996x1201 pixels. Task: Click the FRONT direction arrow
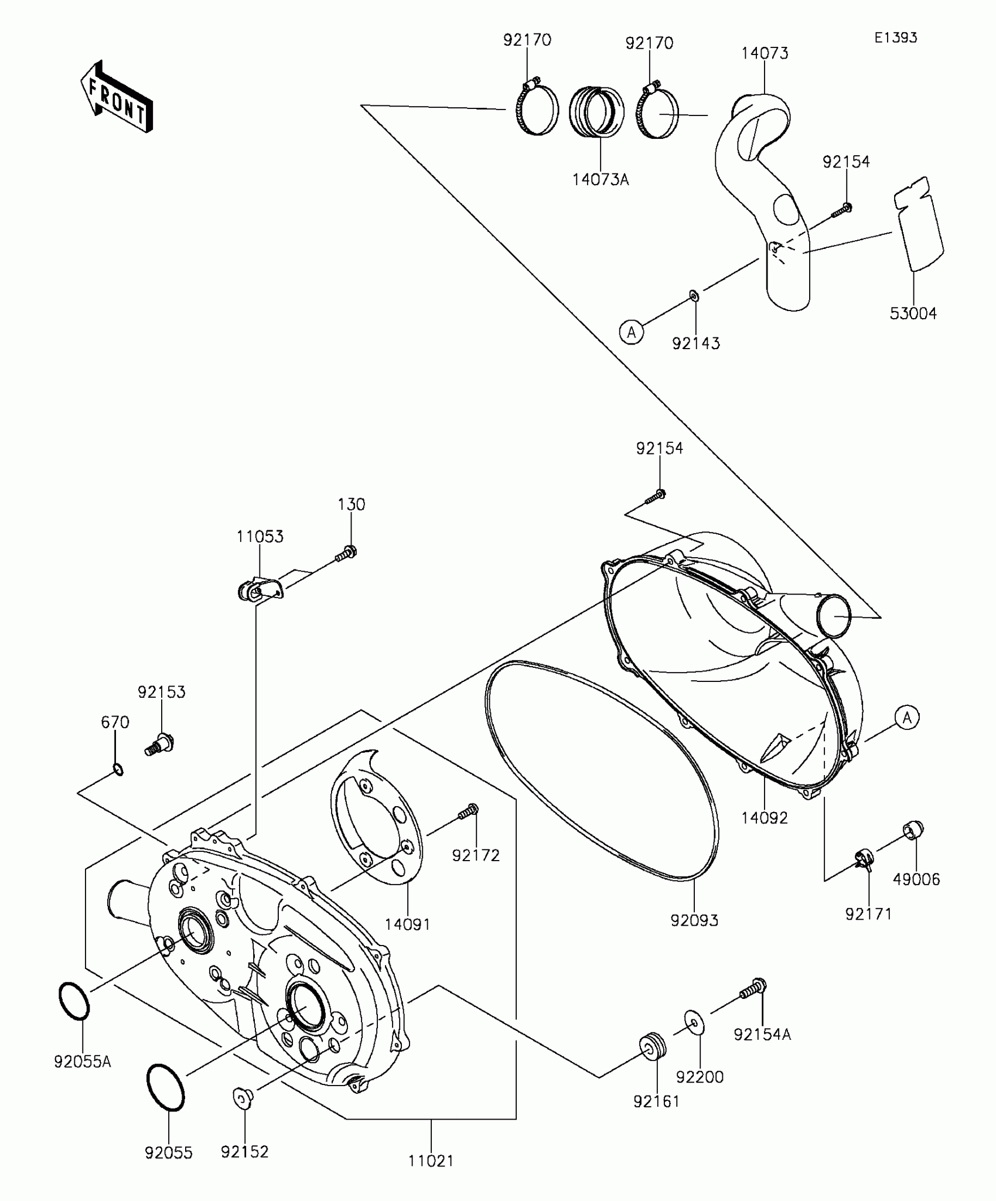click(x=117, y=97)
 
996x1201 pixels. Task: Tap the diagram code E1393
click(x=896, y=38)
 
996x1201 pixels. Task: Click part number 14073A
click(x=601, y=180)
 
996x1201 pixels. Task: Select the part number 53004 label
click(x=913, y=314)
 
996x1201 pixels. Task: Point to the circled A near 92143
click(x=631, y=333)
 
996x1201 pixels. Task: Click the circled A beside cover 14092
click(x=907, y=717)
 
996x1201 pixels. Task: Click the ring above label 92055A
click(x=74, y=1001)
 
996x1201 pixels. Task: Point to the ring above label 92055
click(x=166, y=1087)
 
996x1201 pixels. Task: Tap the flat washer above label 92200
click(x=694, y=1022)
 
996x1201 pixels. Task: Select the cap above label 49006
click(x=913, y=830)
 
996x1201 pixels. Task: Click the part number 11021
click(x=431, y=1161)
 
